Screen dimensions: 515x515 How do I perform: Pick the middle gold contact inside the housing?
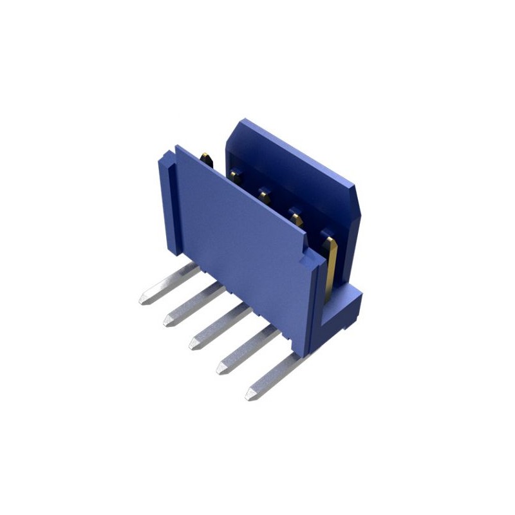[264, 193]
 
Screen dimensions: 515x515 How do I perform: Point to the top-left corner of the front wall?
[178, 147]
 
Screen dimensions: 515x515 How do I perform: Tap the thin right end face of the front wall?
[317, 303]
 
